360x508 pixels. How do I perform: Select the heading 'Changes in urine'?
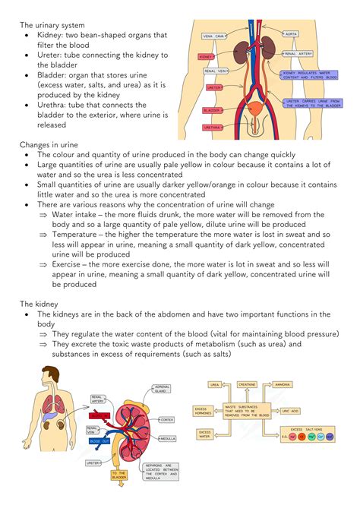[x=50, y=144]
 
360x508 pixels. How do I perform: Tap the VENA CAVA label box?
[x=213, y=36]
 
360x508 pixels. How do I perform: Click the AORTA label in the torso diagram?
[x=291, y=34]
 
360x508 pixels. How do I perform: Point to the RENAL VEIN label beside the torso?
[x=216, y=71]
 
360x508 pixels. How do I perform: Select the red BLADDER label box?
[x=212, y=110]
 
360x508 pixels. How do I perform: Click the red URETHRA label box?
[x=213, y=128]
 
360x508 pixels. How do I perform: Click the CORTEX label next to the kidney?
[x=167, y=419]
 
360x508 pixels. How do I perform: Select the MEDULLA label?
[x=168, y=438]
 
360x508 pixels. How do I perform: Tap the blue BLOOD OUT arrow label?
[x=99, y=441]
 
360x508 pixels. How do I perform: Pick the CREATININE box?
[x=247, y=385]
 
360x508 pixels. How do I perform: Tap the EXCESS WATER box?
[x=205, y=434]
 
